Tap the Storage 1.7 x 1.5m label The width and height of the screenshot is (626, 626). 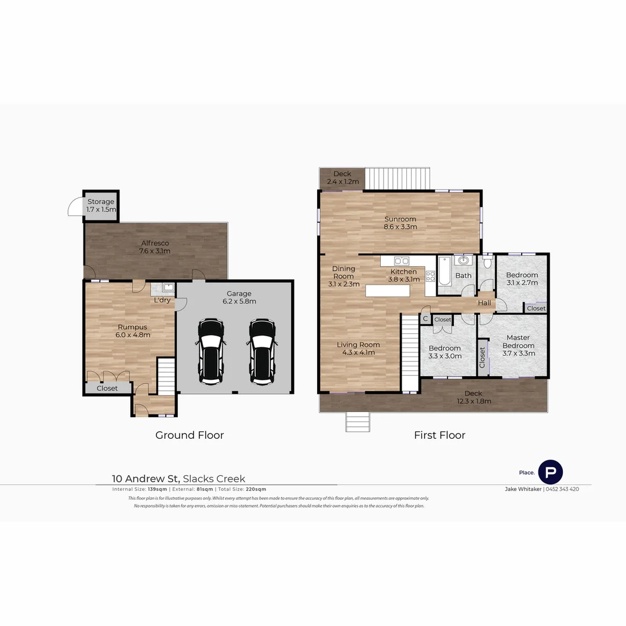tap(101, 205)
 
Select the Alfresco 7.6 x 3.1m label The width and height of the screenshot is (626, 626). tap(154, 248)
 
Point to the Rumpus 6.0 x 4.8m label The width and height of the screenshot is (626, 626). tap(133, 330)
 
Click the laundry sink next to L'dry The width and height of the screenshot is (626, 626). tap(168, 287)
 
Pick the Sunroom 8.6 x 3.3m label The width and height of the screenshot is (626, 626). tap(400, 223)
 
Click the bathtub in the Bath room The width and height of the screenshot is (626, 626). tap(444, 271)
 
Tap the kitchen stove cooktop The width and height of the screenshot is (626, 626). tap(430, 276)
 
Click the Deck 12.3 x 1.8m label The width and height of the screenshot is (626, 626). tap(477, 397)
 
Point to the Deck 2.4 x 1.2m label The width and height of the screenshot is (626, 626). tap(342, 177)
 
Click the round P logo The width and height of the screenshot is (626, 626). tap(550, 472)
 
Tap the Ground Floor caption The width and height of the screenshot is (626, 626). tap(190, 435)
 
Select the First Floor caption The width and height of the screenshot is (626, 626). tap(439, 435)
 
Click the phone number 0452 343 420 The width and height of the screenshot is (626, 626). tap(562, 489)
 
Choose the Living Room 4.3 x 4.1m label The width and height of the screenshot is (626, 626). tap(358, 348)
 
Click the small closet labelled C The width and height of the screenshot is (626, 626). tap(425, 319)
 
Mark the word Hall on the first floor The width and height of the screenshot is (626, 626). tap(484, 303)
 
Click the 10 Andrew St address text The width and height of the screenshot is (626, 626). tap(146, 479)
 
